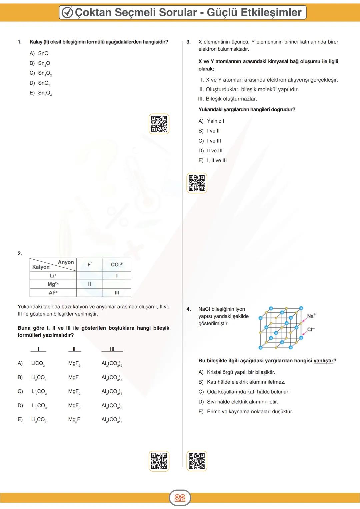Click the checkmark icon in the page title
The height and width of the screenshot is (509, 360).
click(x=67, y=13)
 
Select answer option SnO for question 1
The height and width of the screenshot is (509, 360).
click(x=43, y=53)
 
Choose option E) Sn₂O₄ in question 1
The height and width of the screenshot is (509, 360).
click(x=45, y=93)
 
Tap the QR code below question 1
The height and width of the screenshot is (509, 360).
click(x=159, y=124)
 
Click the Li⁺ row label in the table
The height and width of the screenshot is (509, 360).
click(x=53, y=276)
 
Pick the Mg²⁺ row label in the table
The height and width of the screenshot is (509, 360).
click(x=53, y=284)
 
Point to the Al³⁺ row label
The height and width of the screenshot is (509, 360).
click(x=53, y=293)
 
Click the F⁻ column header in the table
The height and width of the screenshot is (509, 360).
click(x=89, y=265)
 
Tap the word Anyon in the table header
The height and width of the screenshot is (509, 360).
click(x=66, y=262)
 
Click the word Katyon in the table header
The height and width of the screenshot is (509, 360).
click(x=41, y=267)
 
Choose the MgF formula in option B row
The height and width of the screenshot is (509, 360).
click(x=73, y=377)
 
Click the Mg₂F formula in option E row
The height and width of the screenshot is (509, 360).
click(x=74, y=420)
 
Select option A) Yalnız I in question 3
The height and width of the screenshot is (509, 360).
click(x=215, y=121)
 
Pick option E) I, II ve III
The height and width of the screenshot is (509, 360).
click(x=217, y=160)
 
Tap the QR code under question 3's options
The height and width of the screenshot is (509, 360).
click(x=197, y=183)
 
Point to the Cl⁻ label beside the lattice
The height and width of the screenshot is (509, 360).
click(x=311, y=329)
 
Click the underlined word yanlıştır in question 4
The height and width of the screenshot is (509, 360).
click(x=323, y=361)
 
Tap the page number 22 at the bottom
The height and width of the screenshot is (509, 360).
click(x=180, y=498)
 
